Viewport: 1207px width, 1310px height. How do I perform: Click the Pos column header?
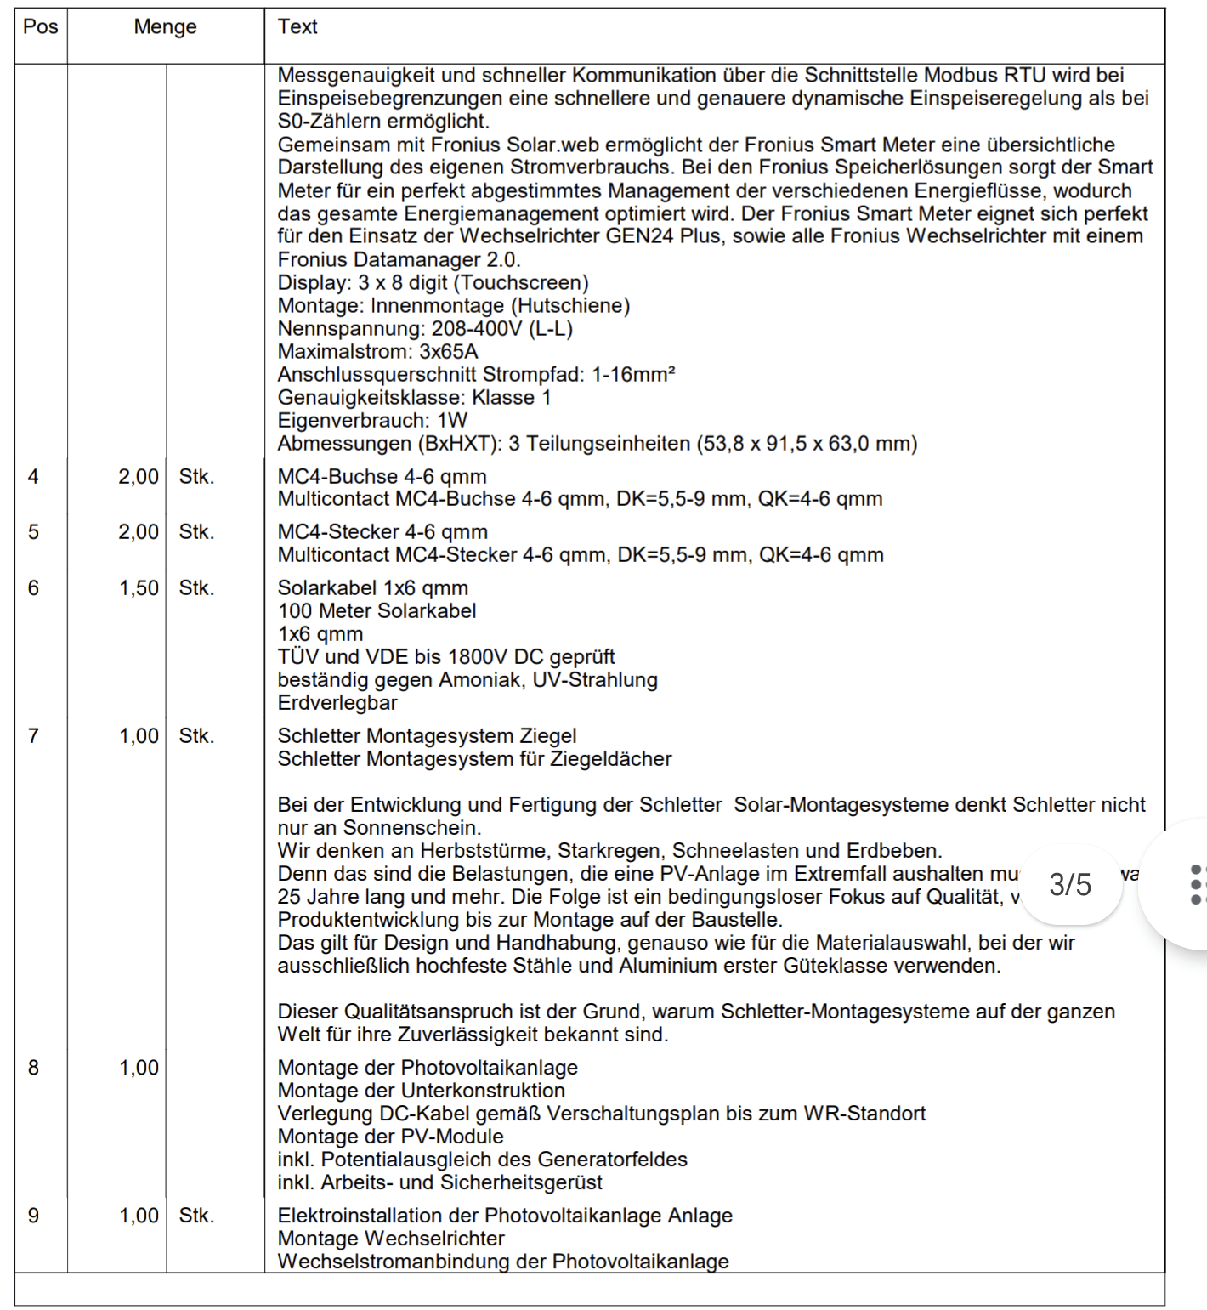pos(40,27)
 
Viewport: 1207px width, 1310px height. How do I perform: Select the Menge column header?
pos(165,27)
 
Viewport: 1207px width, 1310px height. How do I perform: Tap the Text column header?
pos(297,27)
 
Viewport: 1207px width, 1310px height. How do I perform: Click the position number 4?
pos(33,477)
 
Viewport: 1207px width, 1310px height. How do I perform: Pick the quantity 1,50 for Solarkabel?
pos(139,588)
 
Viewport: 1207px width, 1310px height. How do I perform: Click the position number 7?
pos(33,736)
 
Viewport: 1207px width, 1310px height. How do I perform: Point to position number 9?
pos(33,1216)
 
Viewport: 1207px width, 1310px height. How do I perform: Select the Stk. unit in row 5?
pos(196,532)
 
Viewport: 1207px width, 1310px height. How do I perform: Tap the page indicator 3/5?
pos(1070,885)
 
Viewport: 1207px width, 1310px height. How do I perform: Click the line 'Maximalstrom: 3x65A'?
pos(377,352)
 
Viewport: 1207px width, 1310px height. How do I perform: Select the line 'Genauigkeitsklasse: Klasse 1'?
pos(414,398)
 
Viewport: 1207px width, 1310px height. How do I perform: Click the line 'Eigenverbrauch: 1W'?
pos(372,421)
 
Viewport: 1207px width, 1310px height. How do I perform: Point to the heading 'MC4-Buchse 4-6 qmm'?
pos(382,477)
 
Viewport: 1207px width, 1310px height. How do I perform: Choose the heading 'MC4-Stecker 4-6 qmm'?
pos(382,532)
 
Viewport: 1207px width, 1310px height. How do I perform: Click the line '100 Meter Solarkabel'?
pos(377,611)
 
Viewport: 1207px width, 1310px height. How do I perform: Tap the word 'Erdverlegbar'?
pos(337,703)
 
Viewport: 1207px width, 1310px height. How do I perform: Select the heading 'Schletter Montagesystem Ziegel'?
pos(427,736)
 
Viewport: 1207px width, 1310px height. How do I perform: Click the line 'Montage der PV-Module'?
pos(390,1137)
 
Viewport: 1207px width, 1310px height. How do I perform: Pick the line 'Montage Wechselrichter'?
pos(391,1239)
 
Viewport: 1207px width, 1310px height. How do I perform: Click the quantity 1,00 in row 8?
pos(139,1068)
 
